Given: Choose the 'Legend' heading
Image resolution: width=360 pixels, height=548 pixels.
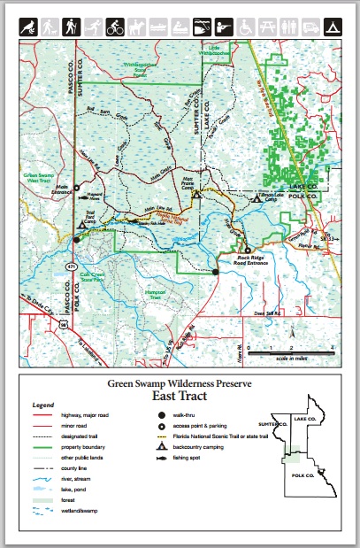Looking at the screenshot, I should (43, 405).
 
